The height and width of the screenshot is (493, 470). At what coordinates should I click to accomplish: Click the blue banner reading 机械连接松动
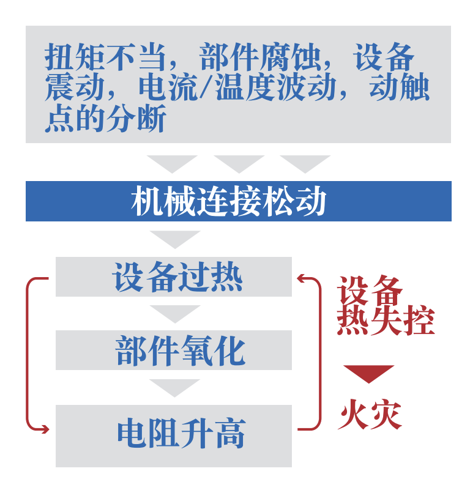(239, 201)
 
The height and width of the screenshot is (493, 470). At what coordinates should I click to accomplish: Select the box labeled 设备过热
(174, 276)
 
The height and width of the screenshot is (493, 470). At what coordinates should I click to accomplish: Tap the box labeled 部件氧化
(174, 350)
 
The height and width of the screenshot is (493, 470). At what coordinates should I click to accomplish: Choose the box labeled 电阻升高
(174, 436)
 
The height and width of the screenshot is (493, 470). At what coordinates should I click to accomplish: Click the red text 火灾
(370, 414)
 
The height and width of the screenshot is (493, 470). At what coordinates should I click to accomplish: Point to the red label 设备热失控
(386, 305)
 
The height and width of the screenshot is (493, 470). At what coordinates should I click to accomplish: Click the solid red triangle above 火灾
(368, 374)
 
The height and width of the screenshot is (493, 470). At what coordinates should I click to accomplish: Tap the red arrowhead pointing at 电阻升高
(45, 429)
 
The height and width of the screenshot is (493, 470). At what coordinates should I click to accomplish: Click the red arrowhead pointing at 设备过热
(301, 278)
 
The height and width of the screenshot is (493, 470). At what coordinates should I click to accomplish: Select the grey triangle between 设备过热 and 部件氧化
(175, 314)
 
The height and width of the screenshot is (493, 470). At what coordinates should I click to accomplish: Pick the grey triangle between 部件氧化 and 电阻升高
(174, 388)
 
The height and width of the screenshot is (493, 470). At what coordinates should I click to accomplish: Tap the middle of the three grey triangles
(239, 164)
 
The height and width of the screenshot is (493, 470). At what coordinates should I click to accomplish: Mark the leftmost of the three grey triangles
(172, 164)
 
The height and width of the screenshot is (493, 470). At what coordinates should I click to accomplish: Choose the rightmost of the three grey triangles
(305, 164)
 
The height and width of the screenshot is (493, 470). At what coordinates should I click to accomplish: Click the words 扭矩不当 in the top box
(105, 57)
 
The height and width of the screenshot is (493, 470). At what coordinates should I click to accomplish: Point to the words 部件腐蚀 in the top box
(260, 57)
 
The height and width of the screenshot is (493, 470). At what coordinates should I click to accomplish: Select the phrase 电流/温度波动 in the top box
(237, 87)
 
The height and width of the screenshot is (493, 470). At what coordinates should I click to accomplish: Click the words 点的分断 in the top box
(105, 118)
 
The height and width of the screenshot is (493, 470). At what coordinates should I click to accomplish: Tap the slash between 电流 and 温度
(207, 87)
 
